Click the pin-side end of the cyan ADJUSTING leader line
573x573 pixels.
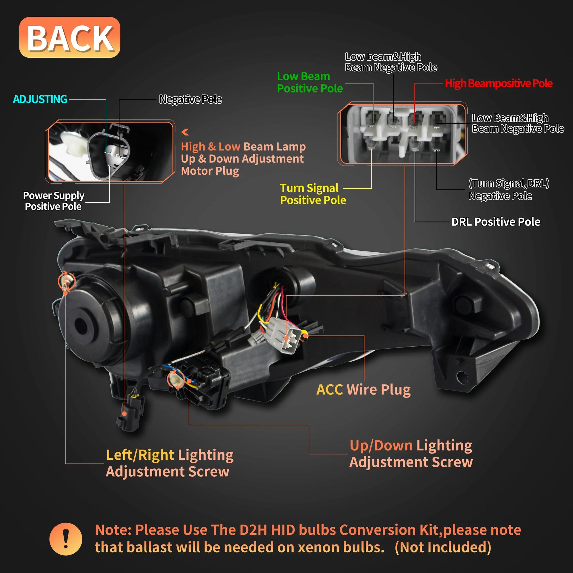tap(106, 152)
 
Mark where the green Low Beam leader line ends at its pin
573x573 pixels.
tap(373, 122)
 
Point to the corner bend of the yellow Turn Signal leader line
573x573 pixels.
tap(371, 188)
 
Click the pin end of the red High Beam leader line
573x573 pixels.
tap(414, 122)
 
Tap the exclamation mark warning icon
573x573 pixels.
tap(66, 539)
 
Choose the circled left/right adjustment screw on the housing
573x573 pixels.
tap(67, 281)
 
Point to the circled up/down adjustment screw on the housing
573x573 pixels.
tap(175, 380)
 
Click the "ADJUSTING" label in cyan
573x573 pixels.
tap(40, 99)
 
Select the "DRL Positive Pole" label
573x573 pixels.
tap(496, 222)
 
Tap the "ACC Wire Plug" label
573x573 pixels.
tap(363, 390)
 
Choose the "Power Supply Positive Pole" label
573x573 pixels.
tap(54, 201)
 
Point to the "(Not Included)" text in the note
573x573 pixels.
tap(443, 547)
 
